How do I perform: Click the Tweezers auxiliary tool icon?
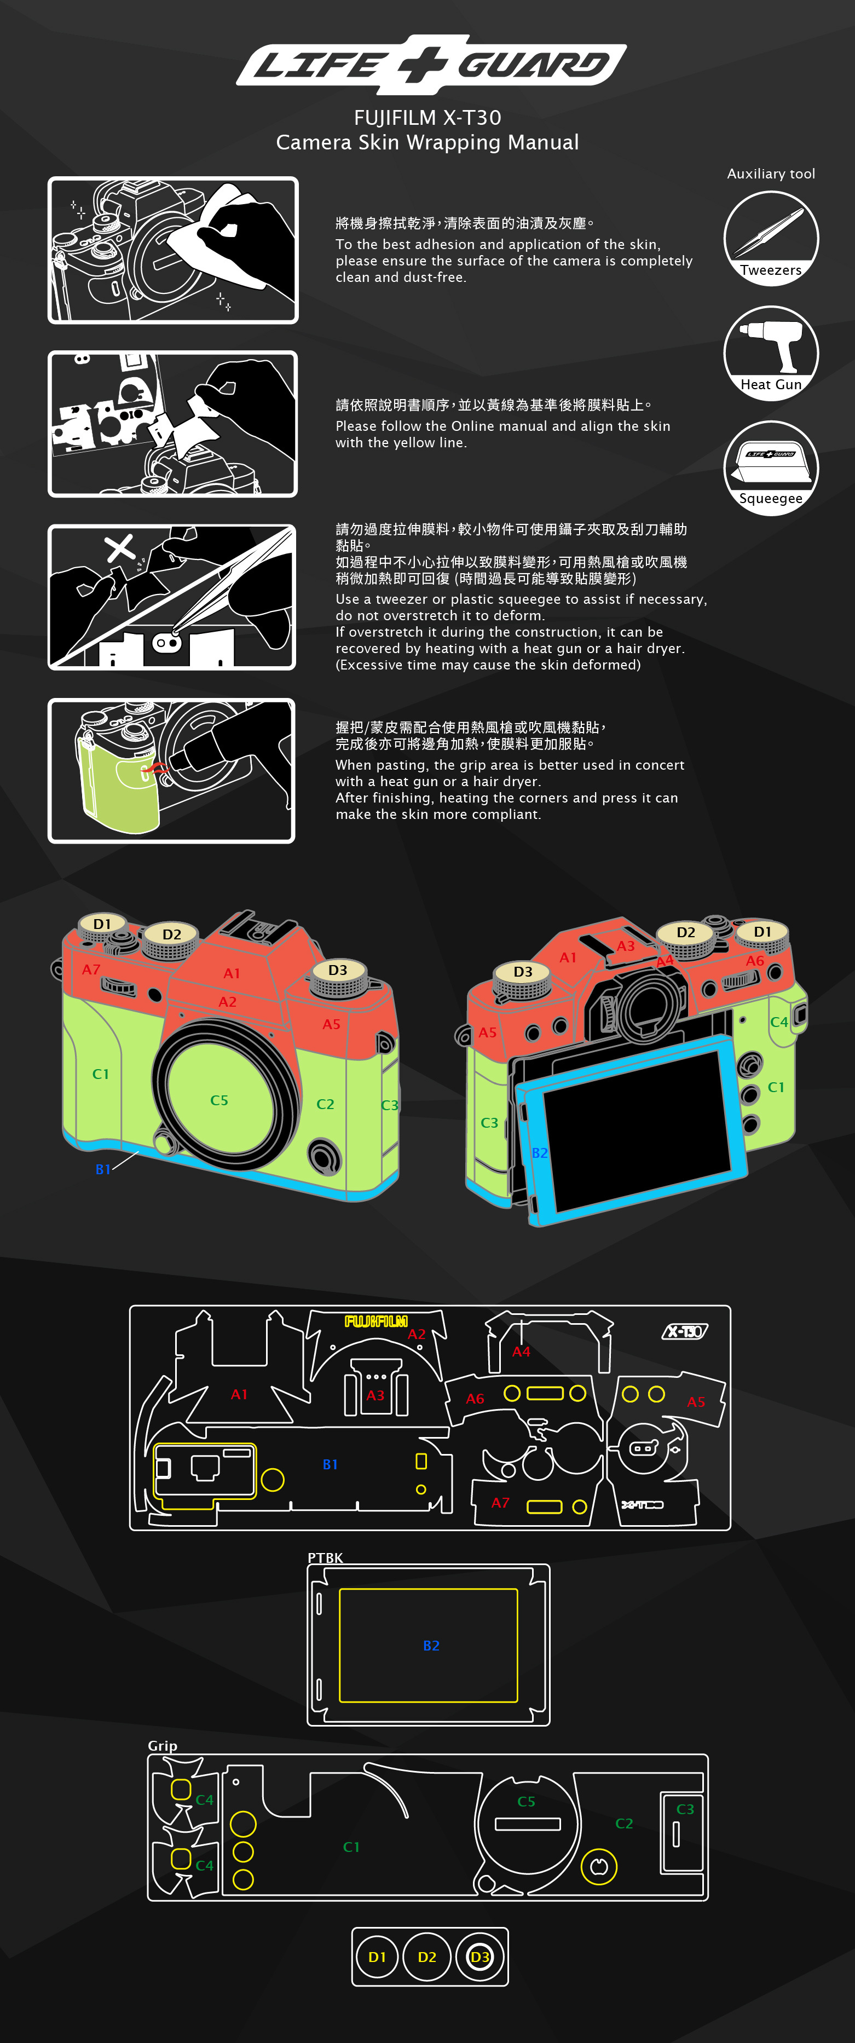[x=771, y=238]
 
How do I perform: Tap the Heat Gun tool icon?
[x=771, y=353]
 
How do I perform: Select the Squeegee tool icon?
[x=771, y=468]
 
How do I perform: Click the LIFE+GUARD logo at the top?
[x=431, y=64]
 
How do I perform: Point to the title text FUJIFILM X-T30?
[x=427, y=117]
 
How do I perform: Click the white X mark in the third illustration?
[x=120, y=547]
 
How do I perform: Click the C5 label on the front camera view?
[x=219, y=1100]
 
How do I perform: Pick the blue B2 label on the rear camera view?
[x=539, y=1152]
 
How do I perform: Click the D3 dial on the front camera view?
[x=338, y=977]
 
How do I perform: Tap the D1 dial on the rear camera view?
[x=762, y=937]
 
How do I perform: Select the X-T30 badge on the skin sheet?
[x=684, y=1331]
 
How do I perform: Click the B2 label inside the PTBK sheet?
[x=431, y=1646]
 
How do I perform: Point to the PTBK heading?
[x=325, y=1557]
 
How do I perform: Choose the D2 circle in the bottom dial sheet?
[x=427, y=1957]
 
